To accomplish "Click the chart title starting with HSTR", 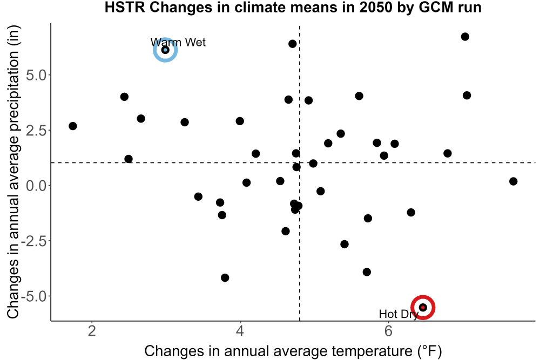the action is coord(293,8).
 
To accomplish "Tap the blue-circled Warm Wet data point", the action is coord(165,50).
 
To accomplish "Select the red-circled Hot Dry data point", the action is coord(423,307).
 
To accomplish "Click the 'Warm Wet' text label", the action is coord(178,42).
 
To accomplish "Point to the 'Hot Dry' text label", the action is coord(399,314).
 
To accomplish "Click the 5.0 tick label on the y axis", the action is coord(36,75).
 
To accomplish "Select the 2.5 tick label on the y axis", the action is coord(36,131).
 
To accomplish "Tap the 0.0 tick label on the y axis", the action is coord(36,186).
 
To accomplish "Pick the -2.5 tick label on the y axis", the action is coord(33,241).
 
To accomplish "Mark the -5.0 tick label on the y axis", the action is coord(33,297).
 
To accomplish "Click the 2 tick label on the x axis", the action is coord(92,331).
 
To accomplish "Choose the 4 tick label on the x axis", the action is coord(240,331).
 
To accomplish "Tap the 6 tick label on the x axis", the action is coord(388,331).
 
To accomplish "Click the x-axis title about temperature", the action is coord(293,351).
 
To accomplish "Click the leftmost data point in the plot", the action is coord(73,126).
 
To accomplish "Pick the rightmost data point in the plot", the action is coord(513,181).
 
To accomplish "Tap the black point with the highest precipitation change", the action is coord(465,37).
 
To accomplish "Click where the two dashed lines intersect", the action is coord(300,162).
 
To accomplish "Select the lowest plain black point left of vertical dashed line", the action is coord(225,278).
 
